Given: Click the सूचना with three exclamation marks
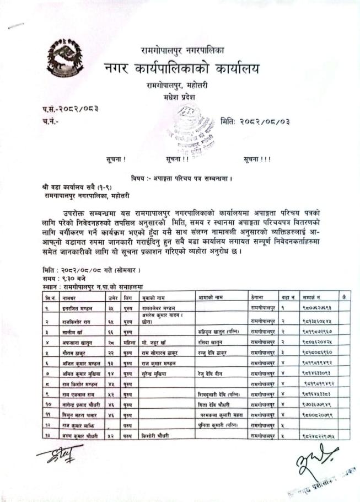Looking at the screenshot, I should coord(256,159).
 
